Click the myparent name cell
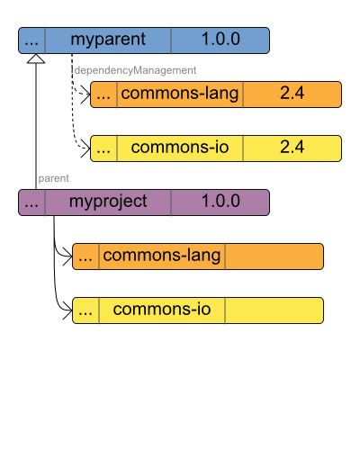point(107,40)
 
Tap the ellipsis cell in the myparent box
point(31,40)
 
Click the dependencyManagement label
point(134,69)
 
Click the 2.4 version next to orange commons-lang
point(292,94)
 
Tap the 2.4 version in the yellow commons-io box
point(292,148)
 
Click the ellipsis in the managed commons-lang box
point(103,94)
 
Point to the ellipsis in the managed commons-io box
point(103,148)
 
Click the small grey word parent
point(54,178)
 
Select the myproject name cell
point(107,202)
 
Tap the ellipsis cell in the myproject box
point(31,202)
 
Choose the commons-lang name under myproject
point(162,256)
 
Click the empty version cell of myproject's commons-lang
point(274,256)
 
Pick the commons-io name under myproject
point(162,310)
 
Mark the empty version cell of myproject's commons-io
point(274,310)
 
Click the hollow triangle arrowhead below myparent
point(35,59)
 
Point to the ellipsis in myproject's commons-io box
point(85,310)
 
